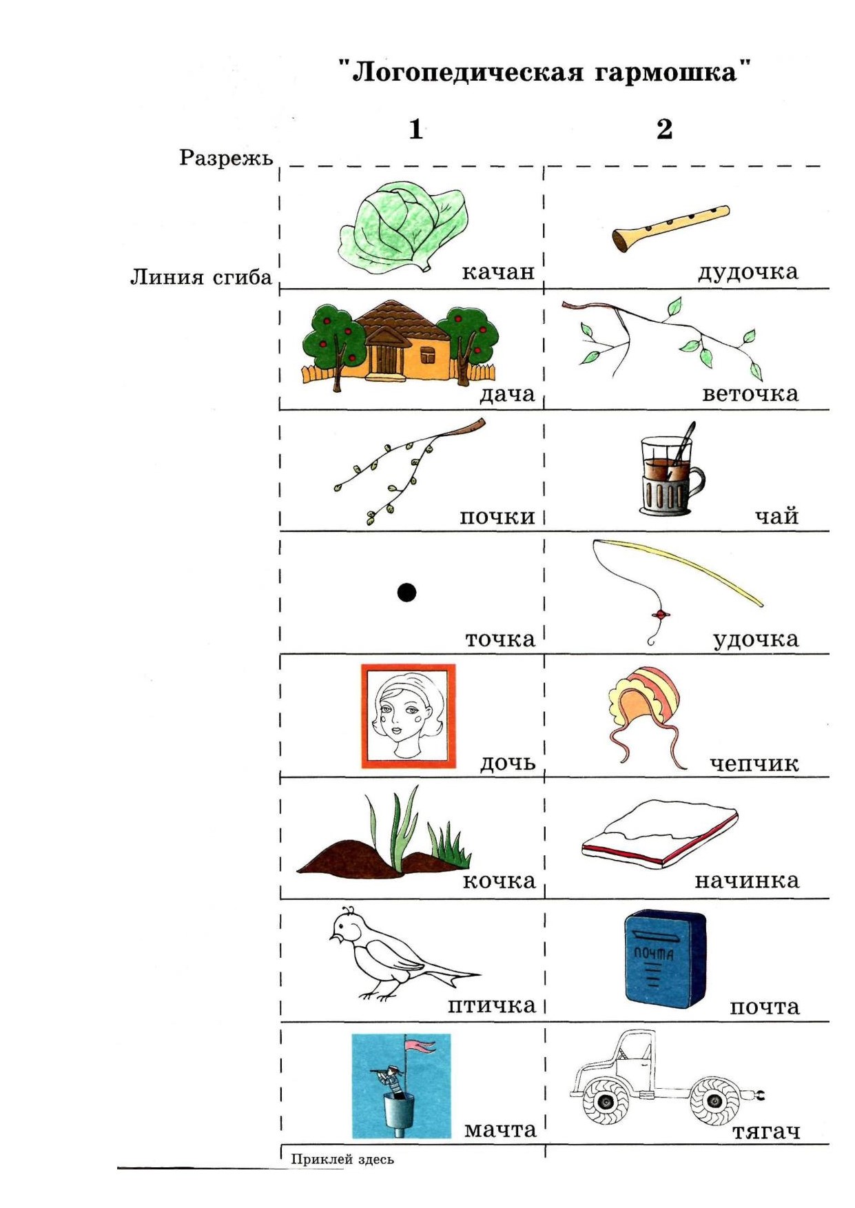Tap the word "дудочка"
click(x=748, y=272)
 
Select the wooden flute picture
click(x=670, y=228)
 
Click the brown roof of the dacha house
click(x=398, y=320)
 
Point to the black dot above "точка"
click(x=407, y=592)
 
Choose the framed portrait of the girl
click(x=409, y=716)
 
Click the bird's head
click(x=347, y=927)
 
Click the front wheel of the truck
click(x=606, y=1102)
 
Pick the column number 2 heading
click(x=664, y=129)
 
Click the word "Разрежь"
click(x=226, y=158)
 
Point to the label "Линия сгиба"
click(x=201, y=277)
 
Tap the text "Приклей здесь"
click(x=342, y=1159)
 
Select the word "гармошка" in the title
click(x=666, y=72)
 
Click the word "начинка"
click(x=747, y=881)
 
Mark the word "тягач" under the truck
click(x=766, y=1132)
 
